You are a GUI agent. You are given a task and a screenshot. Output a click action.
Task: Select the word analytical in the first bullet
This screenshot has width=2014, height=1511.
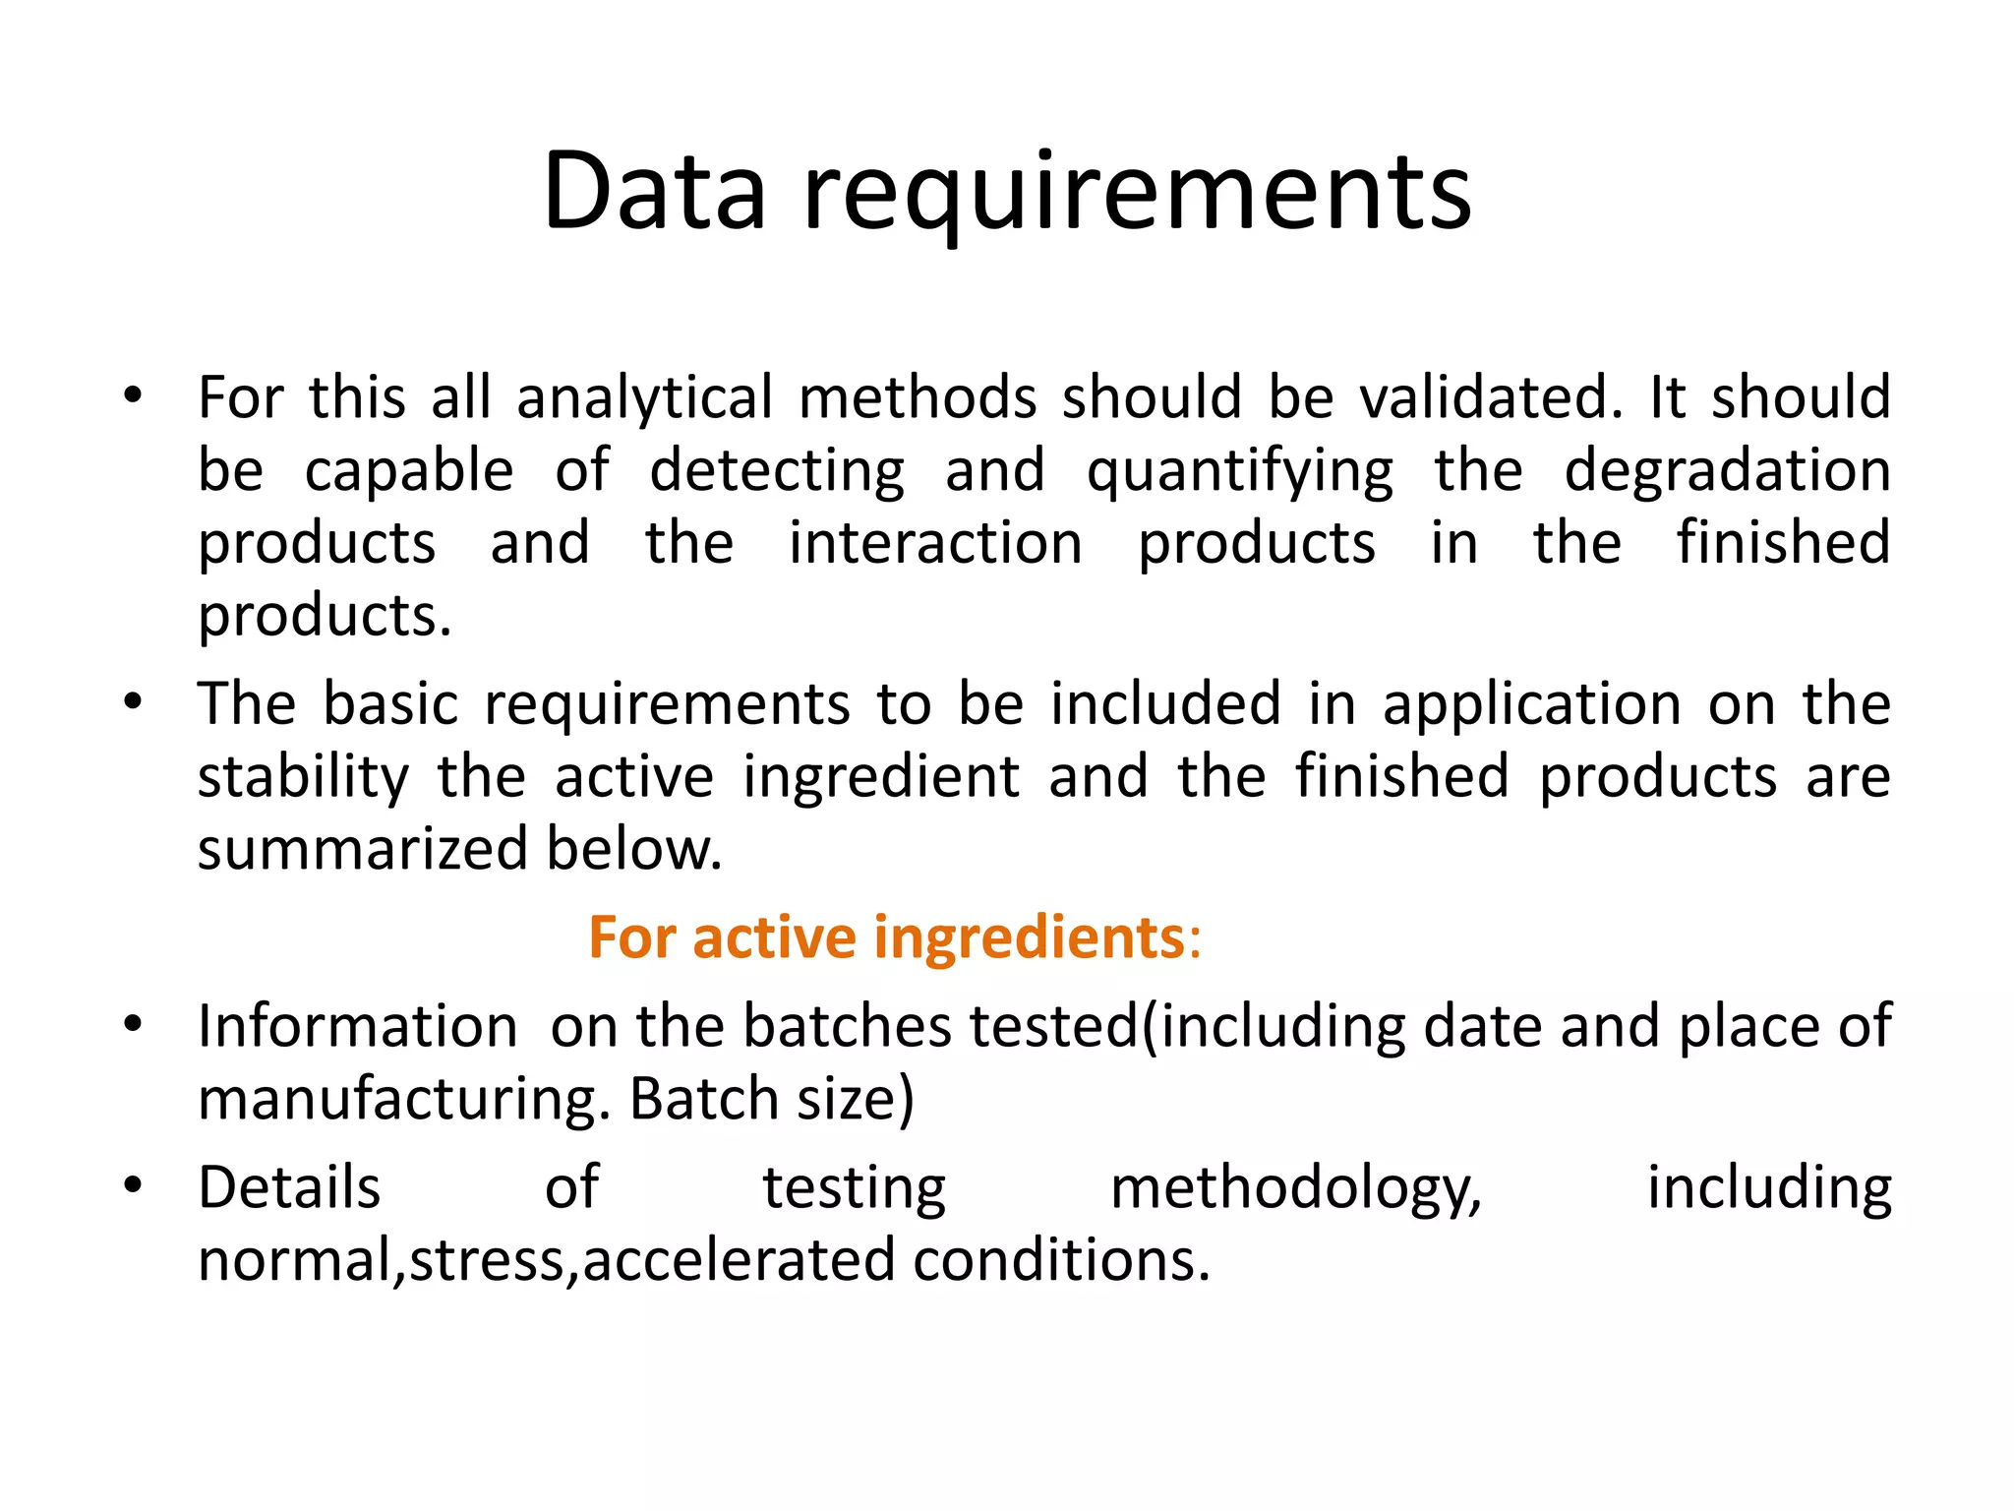coord(645,398)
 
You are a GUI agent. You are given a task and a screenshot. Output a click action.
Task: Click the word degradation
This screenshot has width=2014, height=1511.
coord(1727,470)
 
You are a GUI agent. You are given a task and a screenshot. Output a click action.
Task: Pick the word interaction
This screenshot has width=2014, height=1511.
coord(935,543)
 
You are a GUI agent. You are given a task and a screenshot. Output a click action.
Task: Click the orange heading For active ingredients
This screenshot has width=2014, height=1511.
coord(894,937)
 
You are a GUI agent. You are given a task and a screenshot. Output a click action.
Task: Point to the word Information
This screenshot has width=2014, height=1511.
coord(357,1027)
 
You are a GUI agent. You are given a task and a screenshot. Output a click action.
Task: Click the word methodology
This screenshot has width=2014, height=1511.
coord(1295,1188)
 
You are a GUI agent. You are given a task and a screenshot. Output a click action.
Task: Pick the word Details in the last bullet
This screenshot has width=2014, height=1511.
coord(289,1188)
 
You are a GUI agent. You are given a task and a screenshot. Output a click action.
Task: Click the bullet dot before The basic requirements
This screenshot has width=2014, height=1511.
coord(133,702)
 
